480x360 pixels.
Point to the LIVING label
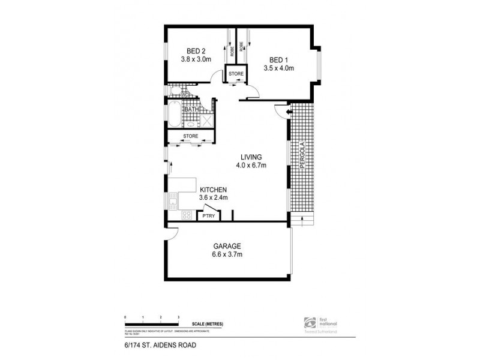[251, 157]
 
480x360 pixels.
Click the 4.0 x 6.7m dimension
[251, 166]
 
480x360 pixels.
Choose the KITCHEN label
[212, 188]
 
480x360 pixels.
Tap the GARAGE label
[226, 245]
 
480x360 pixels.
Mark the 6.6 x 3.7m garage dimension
[226, 254]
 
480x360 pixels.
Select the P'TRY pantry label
[208, 215]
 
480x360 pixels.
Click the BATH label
[191, 109]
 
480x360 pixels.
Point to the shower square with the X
[207, 120]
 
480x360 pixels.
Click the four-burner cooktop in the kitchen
[186, 214]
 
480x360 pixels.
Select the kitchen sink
[173, 200]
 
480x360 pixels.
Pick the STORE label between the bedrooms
[236, 74]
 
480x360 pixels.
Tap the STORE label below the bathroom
[190, 137]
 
